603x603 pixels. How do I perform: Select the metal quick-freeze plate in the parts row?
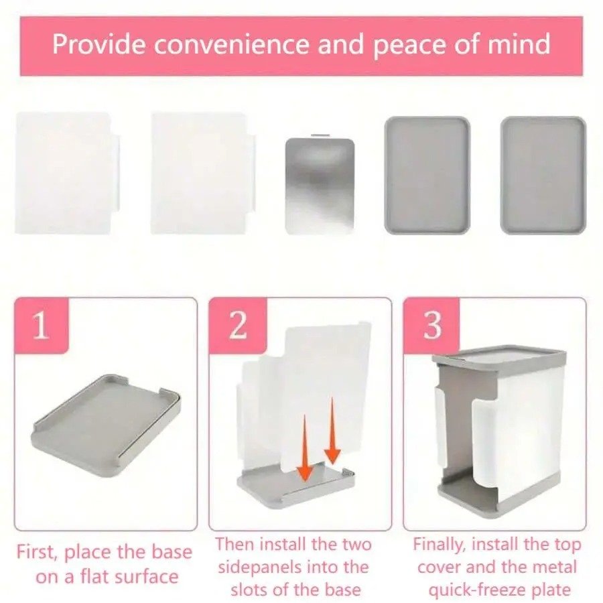coord(320,186)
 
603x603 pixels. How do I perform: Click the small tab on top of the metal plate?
coord(320,135)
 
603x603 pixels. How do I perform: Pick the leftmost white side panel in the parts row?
coord(67,173)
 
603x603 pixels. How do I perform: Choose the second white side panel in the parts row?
coord(203,173)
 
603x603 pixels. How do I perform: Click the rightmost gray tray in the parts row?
coord(543,176)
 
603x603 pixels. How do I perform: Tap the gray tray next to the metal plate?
coord(427,176)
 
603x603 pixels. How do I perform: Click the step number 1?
coord(41,326)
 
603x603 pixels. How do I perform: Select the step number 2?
coord(238,326)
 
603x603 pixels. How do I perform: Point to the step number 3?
coord(433,326)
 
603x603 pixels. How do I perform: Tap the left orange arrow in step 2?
coord(306,448)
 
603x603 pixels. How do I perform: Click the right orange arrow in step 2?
coord(332,431)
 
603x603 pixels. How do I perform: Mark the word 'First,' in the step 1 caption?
coord(38,553)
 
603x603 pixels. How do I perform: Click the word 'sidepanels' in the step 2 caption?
coord(263,567)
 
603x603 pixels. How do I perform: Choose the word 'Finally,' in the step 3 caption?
coord(439,545)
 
